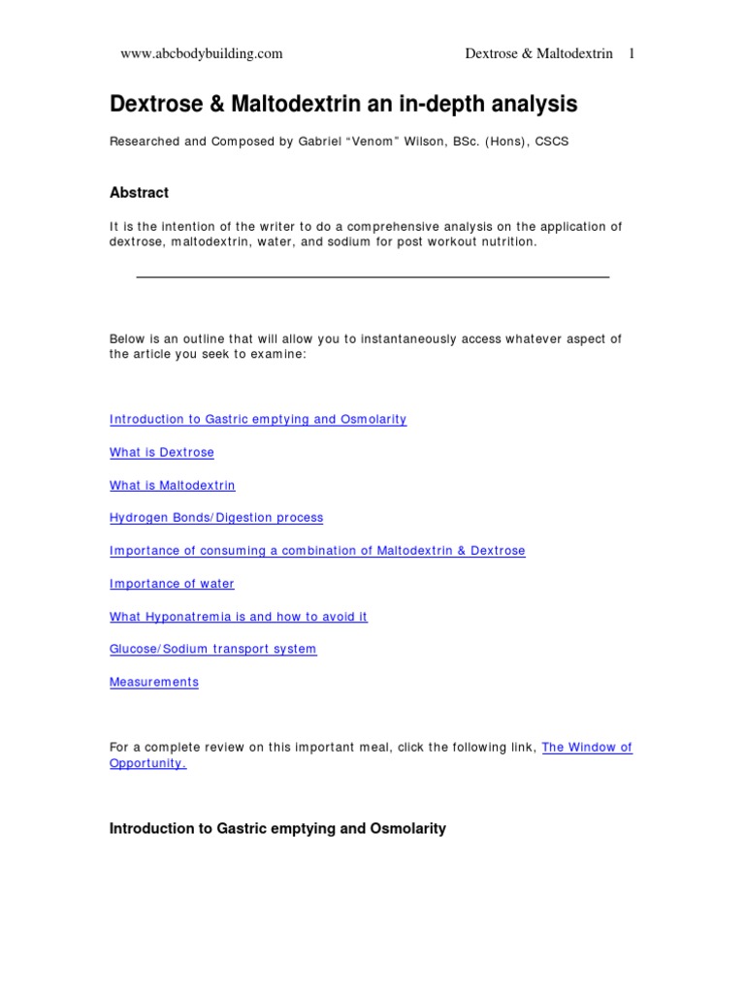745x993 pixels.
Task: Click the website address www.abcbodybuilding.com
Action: (x=201, y=54)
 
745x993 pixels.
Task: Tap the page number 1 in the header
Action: (x=632, y=54)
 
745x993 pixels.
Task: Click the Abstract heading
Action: (x=139, y=193)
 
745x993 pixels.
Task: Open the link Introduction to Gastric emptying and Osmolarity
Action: (x=258, y=420)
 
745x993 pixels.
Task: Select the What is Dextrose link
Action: (x=162, y=453)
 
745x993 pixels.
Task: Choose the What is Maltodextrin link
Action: (x=173, y=486)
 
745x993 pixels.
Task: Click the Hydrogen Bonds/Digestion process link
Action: (x=216, y=518)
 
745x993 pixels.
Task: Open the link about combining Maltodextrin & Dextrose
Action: (x=317, y=551)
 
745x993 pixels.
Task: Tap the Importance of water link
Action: (x=172, y=584)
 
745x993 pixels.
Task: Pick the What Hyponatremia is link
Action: (x=239, y=617)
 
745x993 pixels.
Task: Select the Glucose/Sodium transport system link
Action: (x=212, y=649)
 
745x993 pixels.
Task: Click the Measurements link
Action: (x=154, y=682)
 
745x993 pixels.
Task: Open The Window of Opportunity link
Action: (x=587, y=748)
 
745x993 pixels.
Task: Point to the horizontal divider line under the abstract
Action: (x=372, y=277)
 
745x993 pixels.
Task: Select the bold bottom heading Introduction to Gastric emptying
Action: (x=277, y=829)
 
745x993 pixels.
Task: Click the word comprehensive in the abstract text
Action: (x=387, y=227)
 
